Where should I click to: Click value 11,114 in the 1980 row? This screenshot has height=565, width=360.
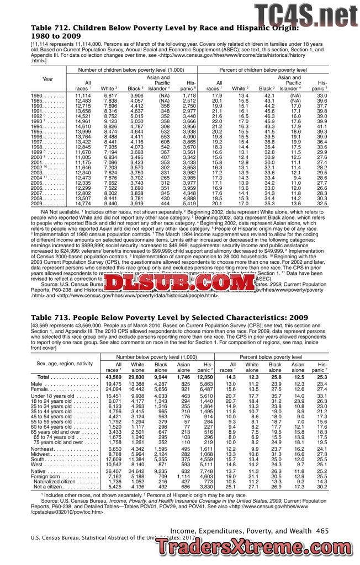coord(82,95)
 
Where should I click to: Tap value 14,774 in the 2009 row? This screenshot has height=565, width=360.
coord(82,204)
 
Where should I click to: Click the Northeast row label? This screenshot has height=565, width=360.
coord(46,419)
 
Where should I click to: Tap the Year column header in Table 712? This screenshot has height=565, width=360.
coord(47,79)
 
